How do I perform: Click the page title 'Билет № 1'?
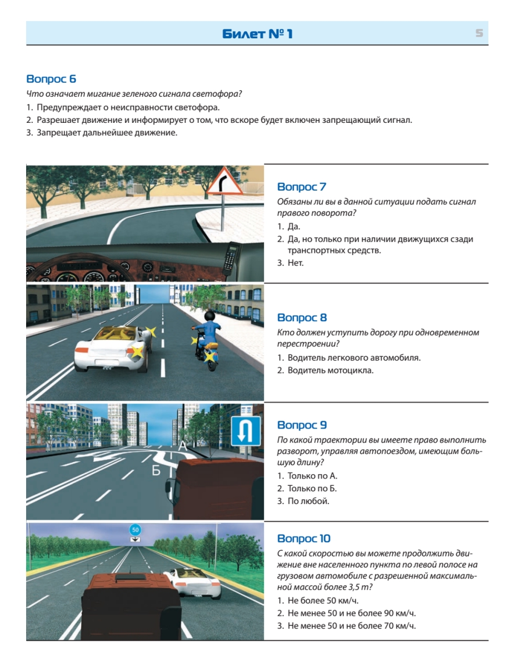257,34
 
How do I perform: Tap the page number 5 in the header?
479,33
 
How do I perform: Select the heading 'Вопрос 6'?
51,79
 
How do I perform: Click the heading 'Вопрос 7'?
302,187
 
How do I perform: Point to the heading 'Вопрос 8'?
302,317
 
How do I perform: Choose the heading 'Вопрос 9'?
302,425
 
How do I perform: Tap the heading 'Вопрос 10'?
304,539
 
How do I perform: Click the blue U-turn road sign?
246,431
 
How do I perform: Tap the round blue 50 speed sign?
135,530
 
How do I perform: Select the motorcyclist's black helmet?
211,316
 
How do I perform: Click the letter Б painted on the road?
156,470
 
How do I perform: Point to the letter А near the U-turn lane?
183,446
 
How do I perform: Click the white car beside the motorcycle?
113,349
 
